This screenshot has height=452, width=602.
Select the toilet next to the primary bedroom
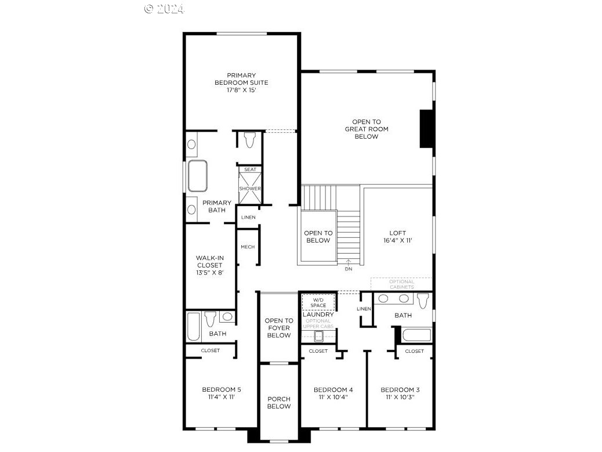click(249, 140)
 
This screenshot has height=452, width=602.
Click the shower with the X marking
click(250, 189)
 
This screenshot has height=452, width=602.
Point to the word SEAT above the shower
click(250, 169)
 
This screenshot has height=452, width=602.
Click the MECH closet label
click(248, 247)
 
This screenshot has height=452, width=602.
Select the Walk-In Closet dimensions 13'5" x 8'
click(209, 272)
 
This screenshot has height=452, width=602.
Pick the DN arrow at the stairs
click(348, 266)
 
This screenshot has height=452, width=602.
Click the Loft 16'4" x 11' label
click(397, 236)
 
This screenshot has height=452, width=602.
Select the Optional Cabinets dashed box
click(401, 284)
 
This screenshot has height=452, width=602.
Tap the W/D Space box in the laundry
click(318, 302)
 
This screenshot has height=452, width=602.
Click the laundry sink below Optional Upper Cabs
click(318, 335)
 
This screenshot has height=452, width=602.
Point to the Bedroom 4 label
click(333, 393)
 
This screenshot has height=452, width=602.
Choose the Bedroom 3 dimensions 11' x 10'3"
click(400, 397)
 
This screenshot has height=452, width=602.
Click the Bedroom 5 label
click(222, 393)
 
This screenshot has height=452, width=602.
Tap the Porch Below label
click(278, 403)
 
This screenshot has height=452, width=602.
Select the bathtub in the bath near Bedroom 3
click(416, 335)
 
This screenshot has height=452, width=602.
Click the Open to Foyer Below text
click(278, 328)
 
